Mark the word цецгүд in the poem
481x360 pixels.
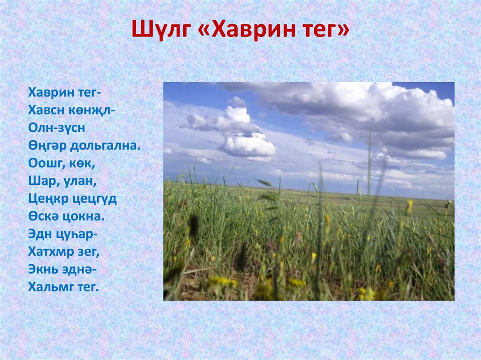click(95, 199)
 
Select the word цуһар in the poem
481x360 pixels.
click(77, 234)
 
